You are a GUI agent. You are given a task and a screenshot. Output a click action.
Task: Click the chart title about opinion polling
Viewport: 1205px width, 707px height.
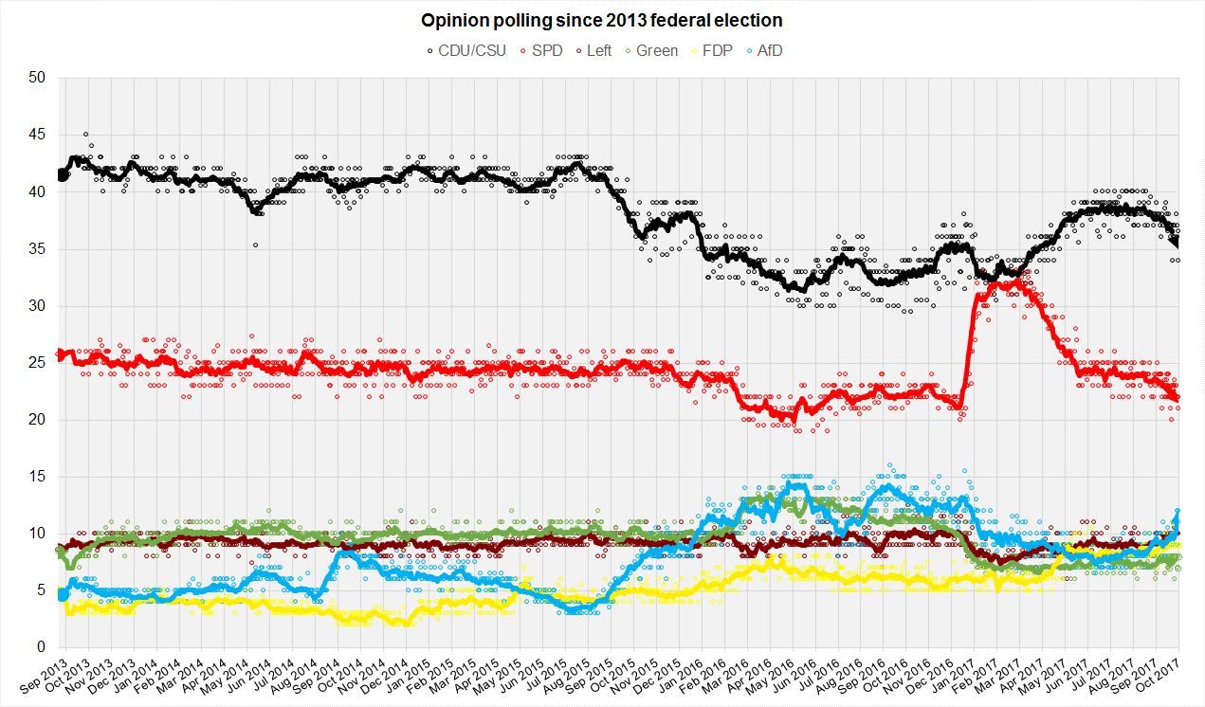[602, 20]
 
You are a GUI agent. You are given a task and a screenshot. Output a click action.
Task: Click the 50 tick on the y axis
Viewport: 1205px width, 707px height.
[39, 78]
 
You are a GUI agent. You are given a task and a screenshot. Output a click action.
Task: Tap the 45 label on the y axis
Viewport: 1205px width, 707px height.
[39, 135]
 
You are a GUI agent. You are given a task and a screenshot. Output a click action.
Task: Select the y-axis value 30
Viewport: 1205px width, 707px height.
[39, 306]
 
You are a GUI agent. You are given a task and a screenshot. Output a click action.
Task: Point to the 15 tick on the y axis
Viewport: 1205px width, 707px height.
[39, 477]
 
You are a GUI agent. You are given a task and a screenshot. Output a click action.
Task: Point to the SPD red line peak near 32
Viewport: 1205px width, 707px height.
[1017, 281]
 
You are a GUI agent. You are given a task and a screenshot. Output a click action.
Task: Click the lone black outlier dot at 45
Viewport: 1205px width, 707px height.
[86, 135]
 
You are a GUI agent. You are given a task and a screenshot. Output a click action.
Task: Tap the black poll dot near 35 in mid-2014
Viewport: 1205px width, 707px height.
[255, 245]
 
